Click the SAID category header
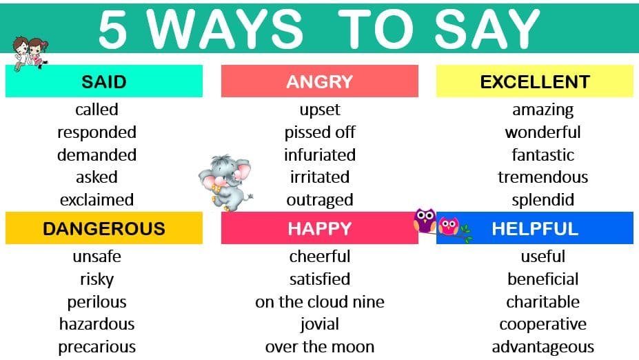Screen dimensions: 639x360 pos(104,81)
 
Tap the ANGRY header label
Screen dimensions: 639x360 pos(320,81)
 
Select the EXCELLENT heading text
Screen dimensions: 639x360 pos(535,81)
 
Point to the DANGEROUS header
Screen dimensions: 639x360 pos(104,228)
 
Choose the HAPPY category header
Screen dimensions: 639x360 pos(320,228)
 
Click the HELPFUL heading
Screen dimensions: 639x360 pos(535,228)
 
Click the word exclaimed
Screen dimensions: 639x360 pos(97,200)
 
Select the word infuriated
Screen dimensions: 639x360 pos(320,155)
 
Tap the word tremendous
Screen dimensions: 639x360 pos(542,177)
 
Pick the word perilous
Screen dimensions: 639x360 pos(97,302)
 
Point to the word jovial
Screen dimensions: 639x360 pos(320,325)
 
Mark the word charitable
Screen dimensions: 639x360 pos(542,302)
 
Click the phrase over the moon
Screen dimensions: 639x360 pos(320,347)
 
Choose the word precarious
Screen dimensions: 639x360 pos(97,347)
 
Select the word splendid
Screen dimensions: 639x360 pos(542,200)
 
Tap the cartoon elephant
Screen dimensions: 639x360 pos(225,182)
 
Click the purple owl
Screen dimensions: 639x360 pos(425,220)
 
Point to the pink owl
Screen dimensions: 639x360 pos(449,226)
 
